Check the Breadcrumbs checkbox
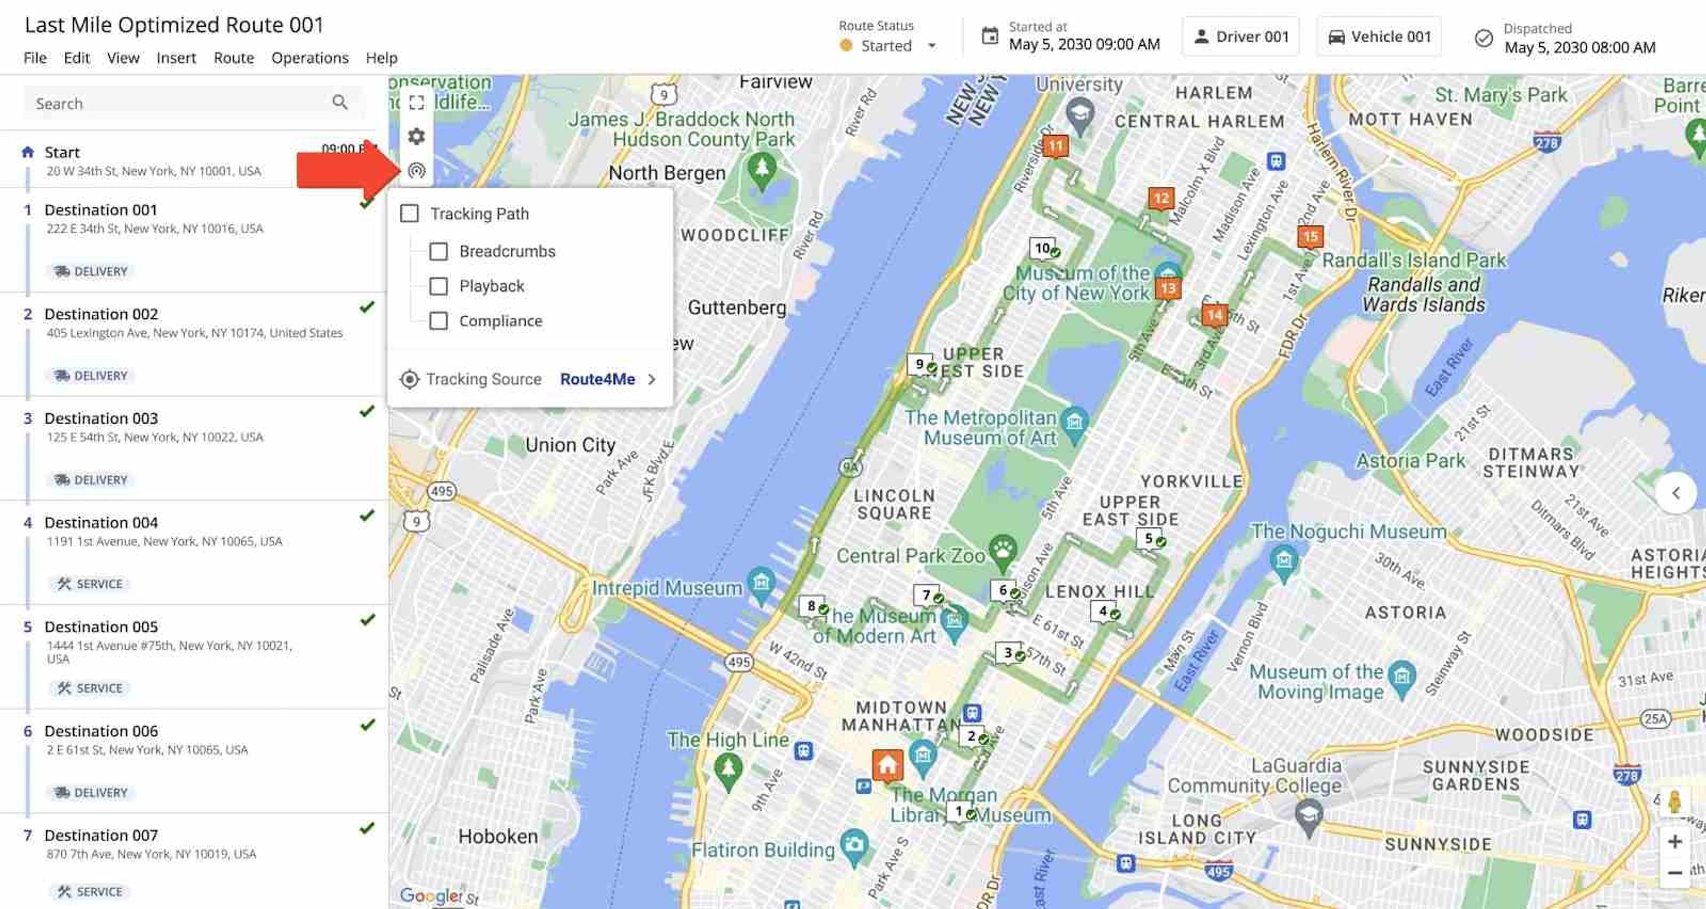tap(438, 252)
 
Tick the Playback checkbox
tap(438, 286)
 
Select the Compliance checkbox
tap(438, 321)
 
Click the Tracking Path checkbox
tap(409, 214)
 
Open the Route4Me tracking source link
tap(598, 379)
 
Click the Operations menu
tap(309, 58)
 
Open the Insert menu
tap(176, 58)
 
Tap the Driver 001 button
tap(1240, 37)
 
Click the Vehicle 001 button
tap(1379, 37)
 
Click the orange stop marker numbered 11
tap(1055, 146)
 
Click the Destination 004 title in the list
tap(101, 523)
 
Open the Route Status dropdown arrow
tap(932, 46)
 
